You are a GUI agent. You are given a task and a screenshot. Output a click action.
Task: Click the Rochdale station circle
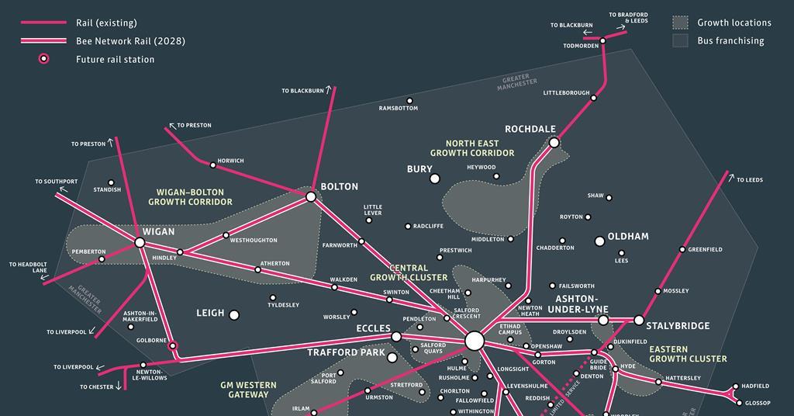554,142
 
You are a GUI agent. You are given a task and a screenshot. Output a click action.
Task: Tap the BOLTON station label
340,187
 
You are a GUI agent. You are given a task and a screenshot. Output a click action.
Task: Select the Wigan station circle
140,243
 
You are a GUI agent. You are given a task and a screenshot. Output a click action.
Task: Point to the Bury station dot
435,179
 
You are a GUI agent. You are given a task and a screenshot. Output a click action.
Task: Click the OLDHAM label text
628,237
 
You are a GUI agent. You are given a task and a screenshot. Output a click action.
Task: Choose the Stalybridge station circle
639,320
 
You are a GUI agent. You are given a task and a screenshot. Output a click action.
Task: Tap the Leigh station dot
233,314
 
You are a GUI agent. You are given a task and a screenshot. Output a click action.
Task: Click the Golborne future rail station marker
173,345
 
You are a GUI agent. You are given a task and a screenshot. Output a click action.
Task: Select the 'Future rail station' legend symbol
44,59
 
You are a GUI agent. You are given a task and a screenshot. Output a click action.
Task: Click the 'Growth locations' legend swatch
680,23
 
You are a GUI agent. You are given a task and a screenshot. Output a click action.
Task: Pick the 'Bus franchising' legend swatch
680,40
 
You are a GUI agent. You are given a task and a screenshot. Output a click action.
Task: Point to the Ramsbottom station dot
410,100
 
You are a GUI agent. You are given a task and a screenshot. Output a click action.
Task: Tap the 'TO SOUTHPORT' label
56,182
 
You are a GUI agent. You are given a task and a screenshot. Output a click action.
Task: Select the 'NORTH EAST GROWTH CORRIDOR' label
472,148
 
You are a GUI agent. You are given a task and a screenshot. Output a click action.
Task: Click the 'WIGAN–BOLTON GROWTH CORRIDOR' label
190,197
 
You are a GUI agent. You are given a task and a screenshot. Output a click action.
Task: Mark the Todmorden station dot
602,37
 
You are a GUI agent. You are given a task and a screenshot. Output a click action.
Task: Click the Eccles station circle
396,337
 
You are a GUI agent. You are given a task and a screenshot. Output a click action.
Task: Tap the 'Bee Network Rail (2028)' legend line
43,41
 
